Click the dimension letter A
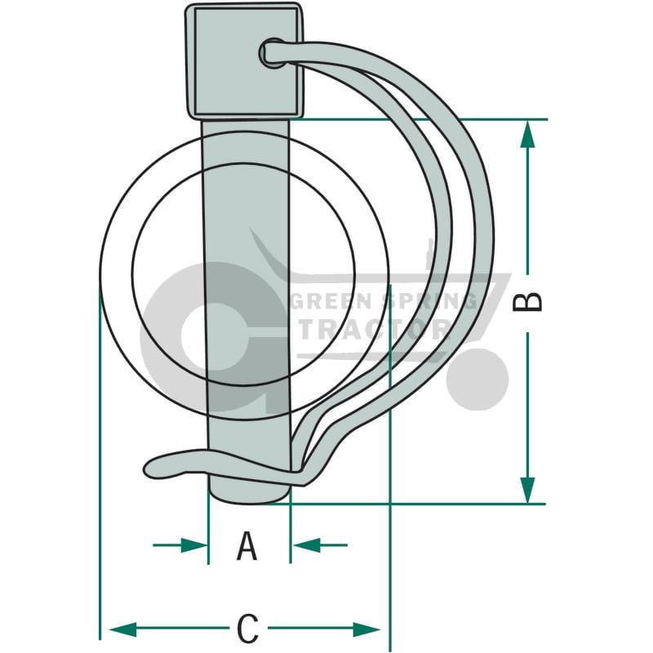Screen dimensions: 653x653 point(247,545)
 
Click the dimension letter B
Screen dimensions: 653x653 point(527,302)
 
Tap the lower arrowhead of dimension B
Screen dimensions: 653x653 point(527,490)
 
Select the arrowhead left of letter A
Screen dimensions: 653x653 point(194,544)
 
